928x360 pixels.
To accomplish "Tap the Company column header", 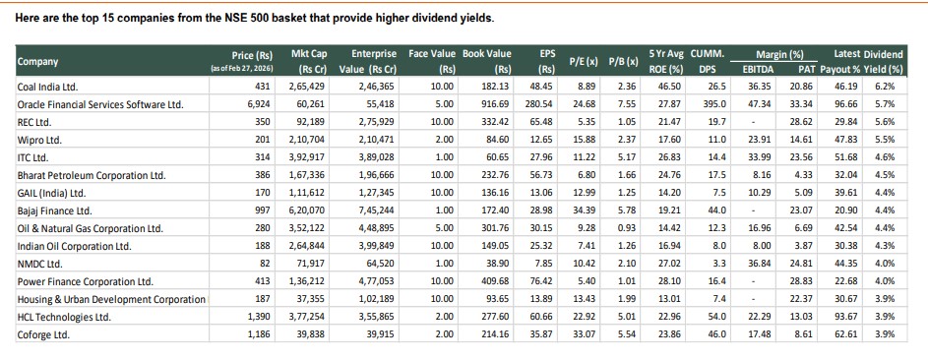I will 37,61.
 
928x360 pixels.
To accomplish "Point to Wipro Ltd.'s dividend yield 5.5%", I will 883,139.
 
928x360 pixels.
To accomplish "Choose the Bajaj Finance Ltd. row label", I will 55,210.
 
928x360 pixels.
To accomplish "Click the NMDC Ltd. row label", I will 42,263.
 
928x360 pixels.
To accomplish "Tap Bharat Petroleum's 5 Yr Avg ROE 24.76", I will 669,174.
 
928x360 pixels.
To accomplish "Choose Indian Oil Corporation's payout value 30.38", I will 844,245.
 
